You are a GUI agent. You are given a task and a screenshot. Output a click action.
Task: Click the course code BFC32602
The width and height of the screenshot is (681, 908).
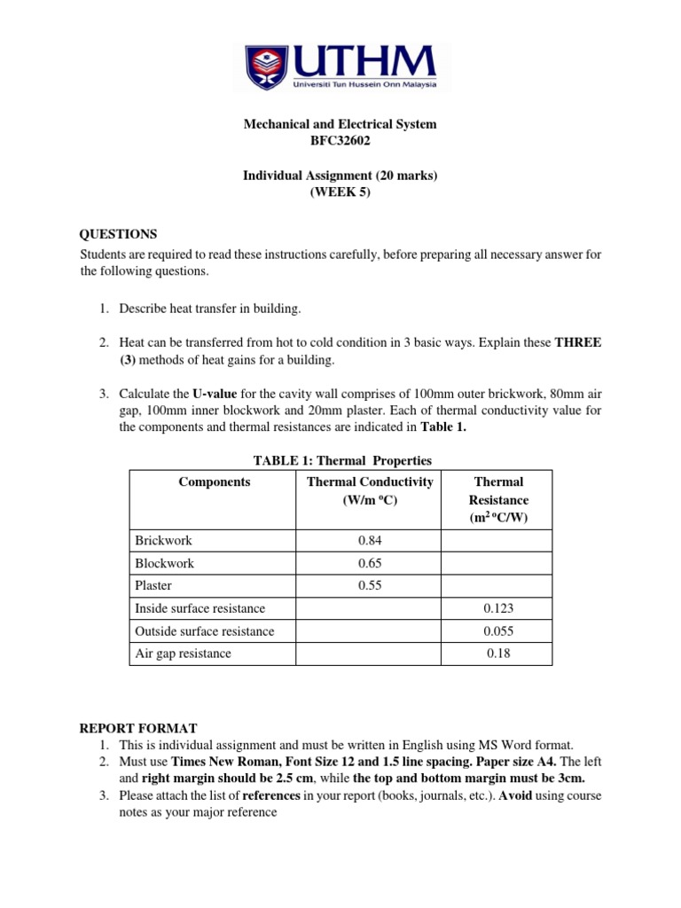[x=340, y=140]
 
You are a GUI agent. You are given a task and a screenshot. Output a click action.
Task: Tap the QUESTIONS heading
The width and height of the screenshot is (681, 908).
[x=118, y=234]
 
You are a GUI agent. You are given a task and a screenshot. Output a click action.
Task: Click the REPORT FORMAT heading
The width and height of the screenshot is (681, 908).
[x=138, y=728]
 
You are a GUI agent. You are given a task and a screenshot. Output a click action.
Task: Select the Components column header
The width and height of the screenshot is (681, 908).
[x=214, y=481]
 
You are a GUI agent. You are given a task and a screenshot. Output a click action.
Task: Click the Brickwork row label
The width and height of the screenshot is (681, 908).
[x=163, y=540]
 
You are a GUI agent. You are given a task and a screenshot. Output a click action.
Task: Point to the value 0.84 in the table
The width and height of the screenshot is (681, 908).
[x=370, y=540]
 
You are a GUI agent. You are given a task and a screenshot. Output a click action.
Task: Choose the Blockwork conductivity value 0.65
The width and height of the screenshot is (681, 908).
[x=370, y=563]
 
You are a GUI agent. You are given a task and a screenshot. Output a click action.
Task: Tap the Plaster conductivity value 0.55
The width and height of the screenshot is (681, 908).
[x=370, y=586]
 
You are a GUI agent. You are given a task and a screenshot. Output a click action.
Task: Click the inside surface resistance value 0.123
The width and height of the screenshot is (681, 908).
[x=499, y=609]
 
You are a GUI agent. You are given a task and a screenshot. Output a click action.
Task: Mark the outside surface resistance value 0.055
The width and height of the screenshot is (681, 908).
[x=499, y=631]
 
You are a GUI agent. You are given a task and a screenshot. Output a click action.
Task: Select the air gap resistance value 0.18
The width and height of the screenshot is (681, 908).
[x=499, y=654]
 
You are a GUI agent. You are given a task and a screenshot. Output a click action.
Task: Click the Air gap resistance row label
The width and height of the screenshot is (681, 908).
[x=183, y=654]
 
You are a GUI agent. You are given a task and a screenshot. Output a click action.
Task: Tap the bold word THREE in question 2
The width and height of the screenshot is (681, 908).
[x=578, y=342]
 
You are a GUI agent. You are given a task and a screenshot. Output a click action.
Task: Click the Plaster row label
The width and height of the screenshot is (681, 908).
[x=153, y=586]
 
